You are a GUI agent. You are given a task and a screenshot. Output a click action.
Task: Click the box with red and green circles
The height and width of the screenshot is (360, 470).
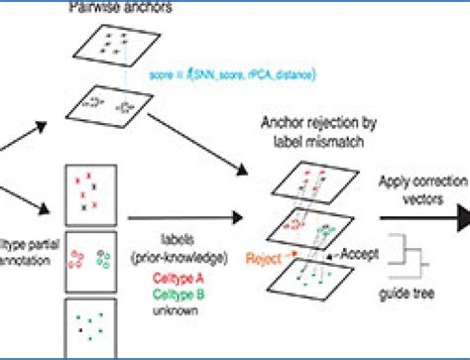91,262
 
